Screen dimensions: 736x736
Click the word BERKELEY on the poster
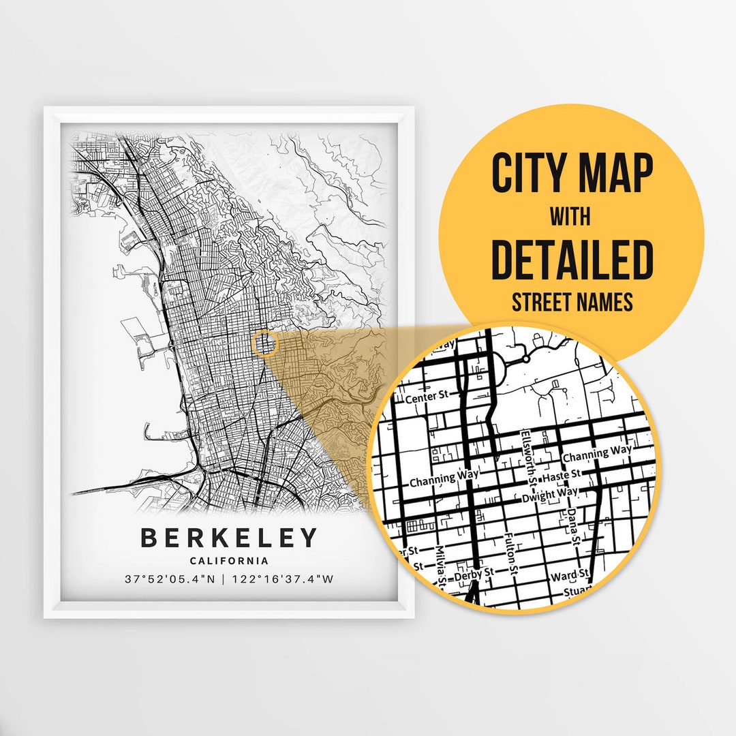(x=229, y=538)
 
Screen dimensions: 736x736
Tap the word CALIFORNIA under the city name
(x=229, y=561)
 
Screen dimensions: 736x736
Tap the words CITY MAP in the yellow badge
(x=572, y=174)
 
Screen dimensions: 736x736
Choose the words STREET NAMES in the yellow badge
(x=572, y=302)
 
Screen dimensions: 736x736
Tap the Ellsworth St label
(x=527, y=453)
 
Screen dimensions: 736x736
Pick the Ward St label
(x=566, y=577)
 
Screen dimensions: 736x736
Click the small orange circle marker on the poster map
(x=264, y=343)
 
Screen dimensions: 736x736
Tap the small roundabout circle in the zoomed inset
(x=525, y=358)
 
